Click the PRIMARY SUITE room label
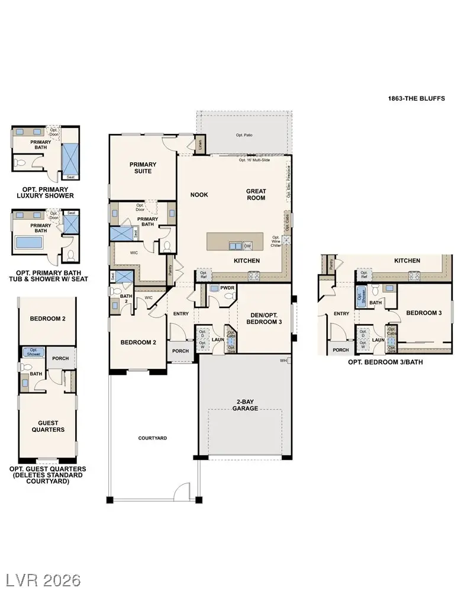point(143,168)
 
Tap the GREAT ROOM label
point(256,194)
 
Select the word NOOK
point(199,194)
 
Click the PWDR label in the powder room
point(228,288)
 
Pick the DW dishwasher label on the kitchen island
point(247,246)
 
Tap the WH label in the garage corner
point(283,360)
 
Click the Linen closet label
point(200,143)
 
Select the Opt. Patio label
point(244,135)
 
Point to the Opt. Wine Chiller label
point(276,241)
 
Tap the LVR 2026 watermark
point(43,579)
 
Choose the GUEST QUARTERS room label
point(47,426)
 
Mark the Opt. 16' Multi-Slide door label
point(257,160)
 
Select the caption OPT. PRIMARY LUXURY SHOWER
point(46,192)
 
